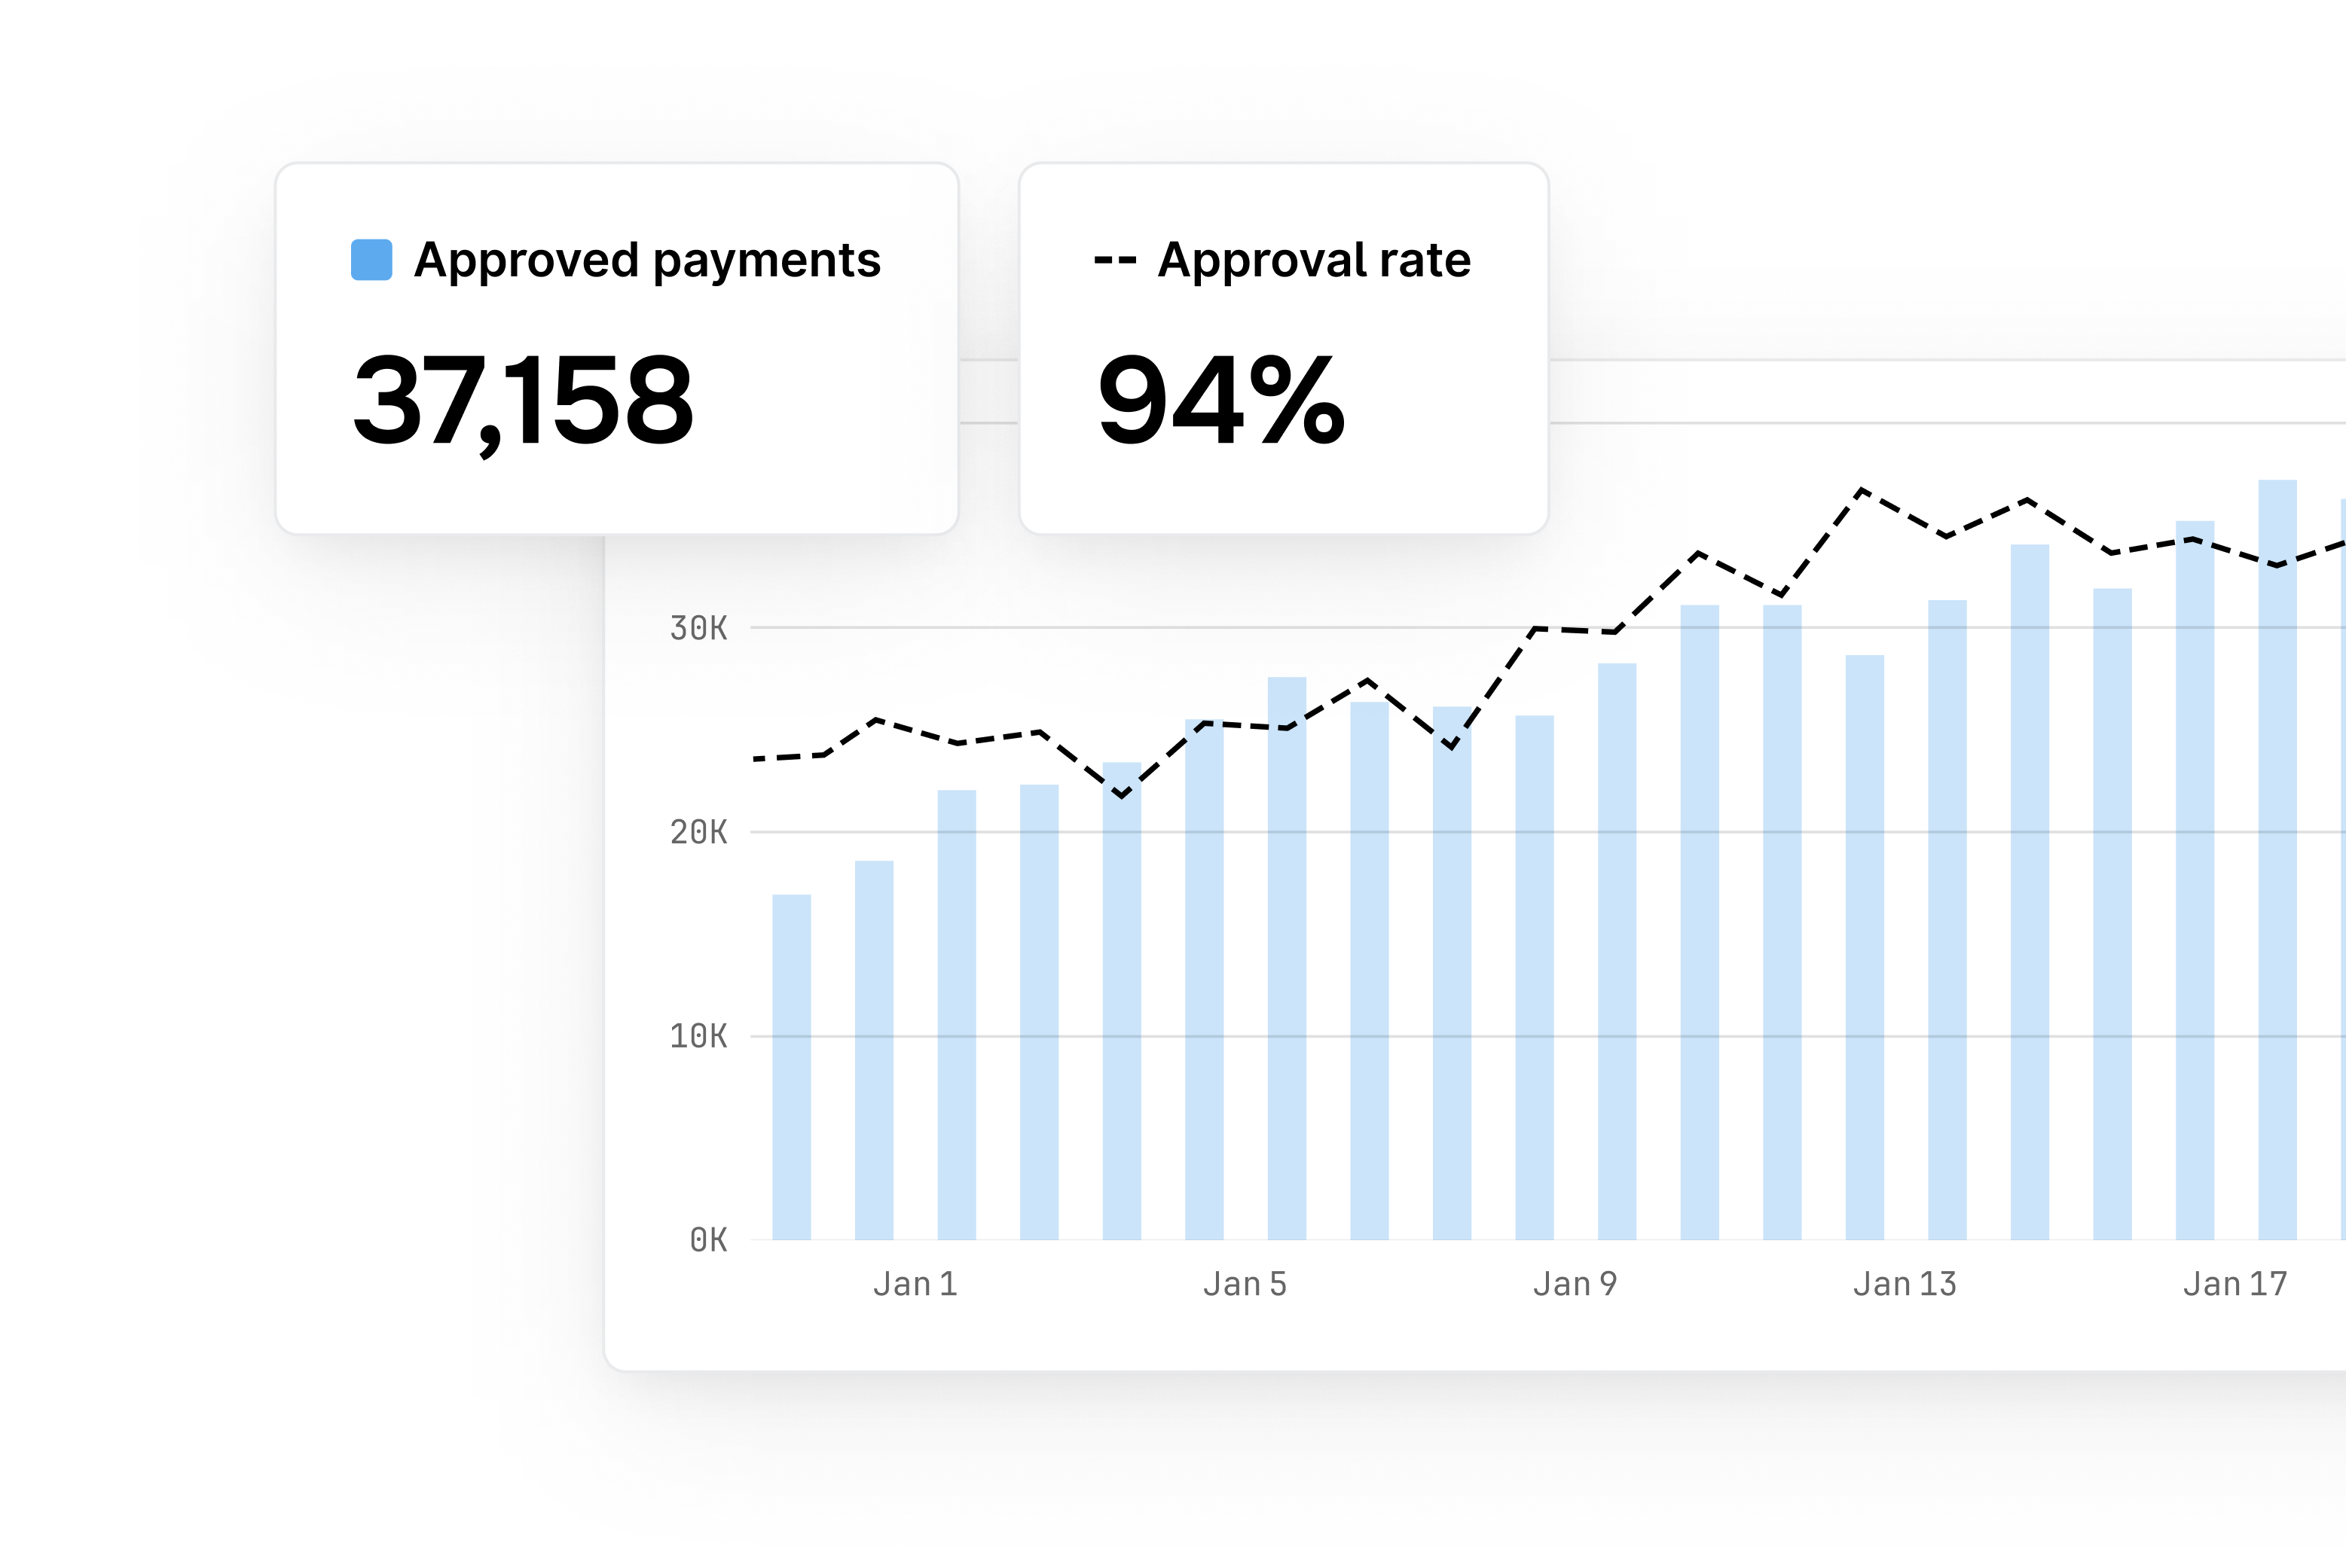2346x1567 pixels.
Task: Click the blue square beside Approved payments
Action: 371,260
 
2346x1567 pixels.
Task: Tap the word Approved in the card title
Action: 526,261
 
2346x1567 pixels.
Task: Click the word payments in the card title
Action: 767,261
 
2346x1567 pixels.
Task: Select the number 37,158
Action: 523,401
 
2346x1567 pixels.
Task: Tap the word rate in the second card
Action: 1425,261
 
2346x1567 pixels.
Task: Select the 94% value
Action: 1220,401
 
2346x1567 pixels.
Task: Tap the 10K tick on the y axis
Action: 698,1036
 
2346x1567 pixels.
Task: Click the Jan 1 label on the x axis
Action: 915,1284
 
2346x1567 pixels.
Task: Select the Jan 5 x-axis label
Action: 1245,1284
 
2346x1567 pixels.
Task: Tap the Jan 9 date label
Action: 1575,1284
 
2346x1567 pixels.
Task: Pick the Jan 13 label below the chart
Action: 1905,1284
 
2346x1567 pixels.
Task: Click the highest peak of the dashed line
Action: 1862,489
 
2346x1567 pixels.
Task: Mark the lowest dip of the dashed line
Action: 1122,795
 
